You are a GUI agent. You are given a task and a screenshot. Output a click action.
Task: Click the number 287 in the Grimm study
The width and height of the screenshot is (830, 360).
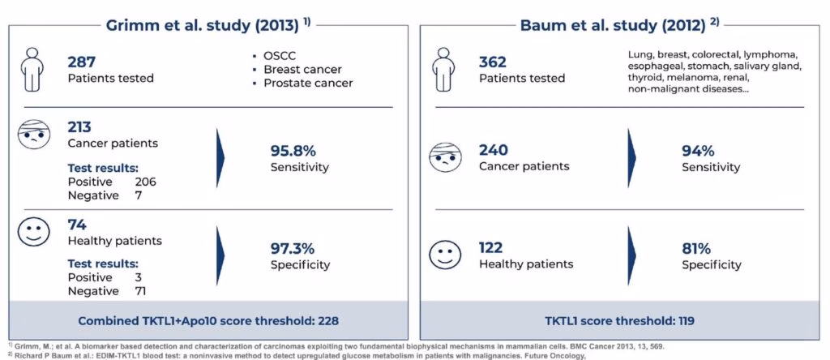pyautogui.click(x=83, y=62)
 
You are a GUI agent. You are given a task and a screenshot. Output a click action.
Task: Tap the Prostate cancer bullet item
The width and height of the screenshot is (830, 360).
pyautogui.click(x=308, y=83)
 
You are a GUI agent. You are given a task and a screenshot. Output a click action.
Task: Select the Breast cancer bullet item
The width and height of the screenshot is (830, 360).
pyautogui.click(x=302, y=70)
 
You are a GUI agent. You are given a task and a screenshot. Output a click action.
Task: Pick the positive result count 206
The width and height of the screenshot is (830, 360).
pyautogui.click(x=146, y=182)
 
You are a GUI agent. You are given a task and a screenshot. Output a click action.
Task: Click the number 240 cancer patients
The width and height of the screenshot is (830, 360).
pyautogui.click(x=494, y=150)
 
